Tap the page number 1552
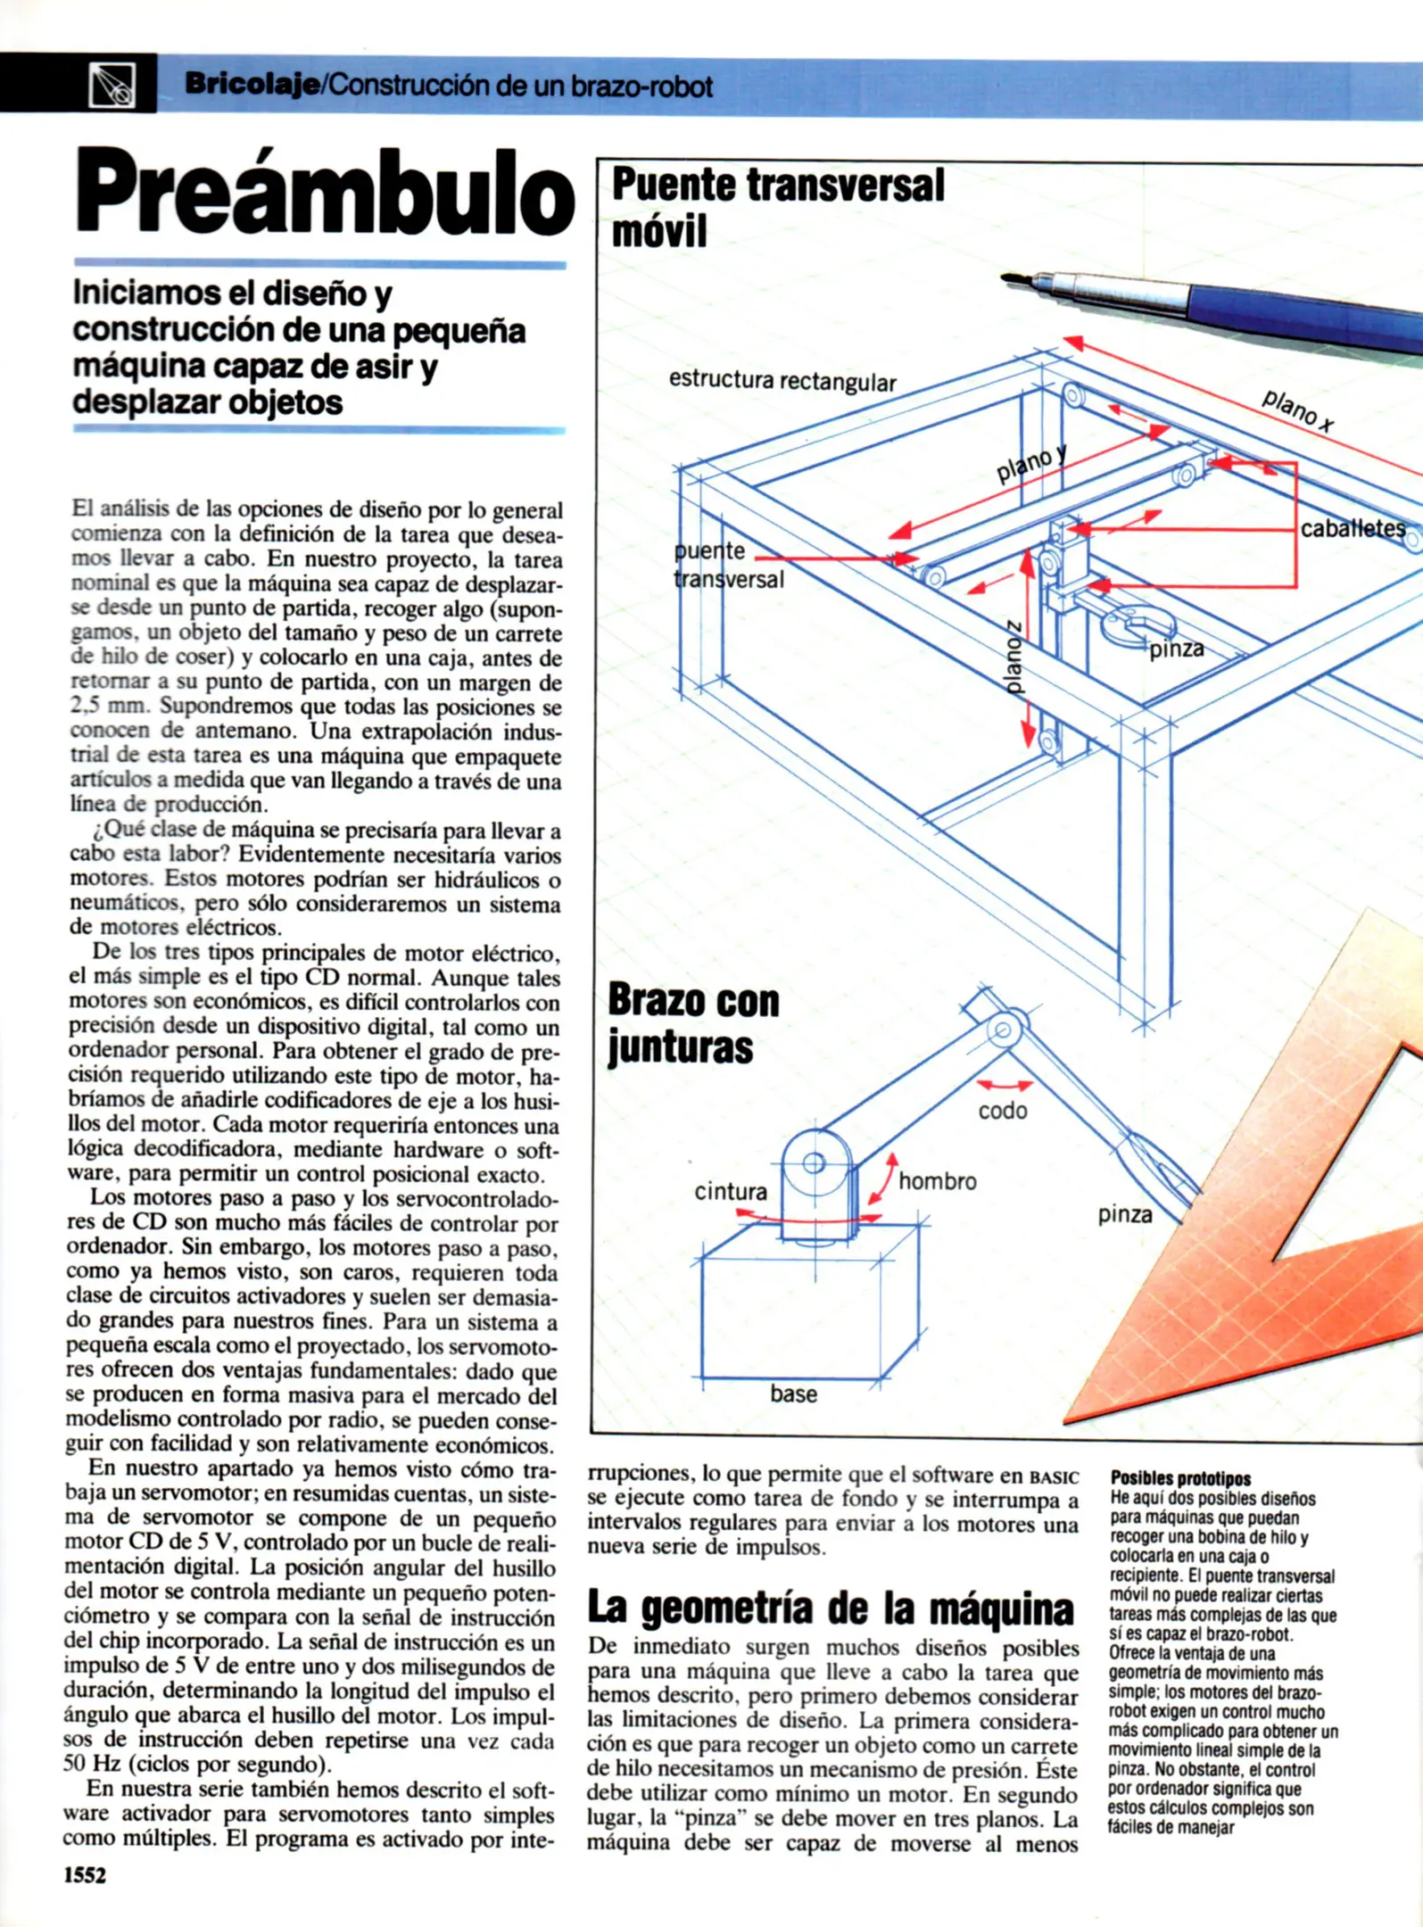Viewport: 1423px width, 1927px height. pyautogui.click(x=85, y=1875)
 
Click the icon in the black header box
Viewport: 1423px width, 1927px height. pyautogui.click(x=112, y=86)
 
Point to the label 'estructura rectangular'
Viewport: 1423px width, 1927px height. pyautogui.click(x=782, y=381)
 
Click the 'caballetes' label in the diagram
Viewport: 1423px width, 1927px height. pyautogui.click(x=1352, y=529)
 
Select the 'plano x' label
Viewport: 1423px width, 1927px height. pyautogui.click(x=1298, y=410)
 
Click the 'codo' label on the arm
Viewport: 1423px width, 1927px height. pyautogui.click(x=1002, y=1111)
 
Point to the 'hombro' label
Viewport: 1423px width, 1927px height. pyautogui.click(x=937, y=1181)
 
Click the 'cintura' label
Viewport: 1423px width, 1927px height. pyautogui.click(x=730, y=1192)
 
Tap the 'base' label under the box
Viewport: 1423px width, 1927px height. pyautogui.click(x=793, y=1394)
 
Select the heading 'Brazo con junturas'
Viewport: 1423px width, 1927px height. pyautogui.click(x=693, y=1024)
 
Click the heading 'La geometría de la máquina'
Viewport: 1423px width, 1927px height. pyautogui.click(x=830, y=1609)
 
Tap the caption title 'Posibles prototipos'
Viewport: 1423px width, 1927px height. pyautogui.click(x=1180, y=1478)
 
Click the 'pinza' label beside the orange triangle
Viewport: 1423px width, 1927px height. pyautogui.click(x=1124, y=1214)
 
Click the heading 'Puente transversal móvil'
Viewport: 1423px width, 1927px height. pyautogui.click(x=776, y=207)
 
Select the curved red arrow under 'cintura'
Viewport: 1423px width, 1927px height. pyautogui.click(x=807, y=1218)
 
